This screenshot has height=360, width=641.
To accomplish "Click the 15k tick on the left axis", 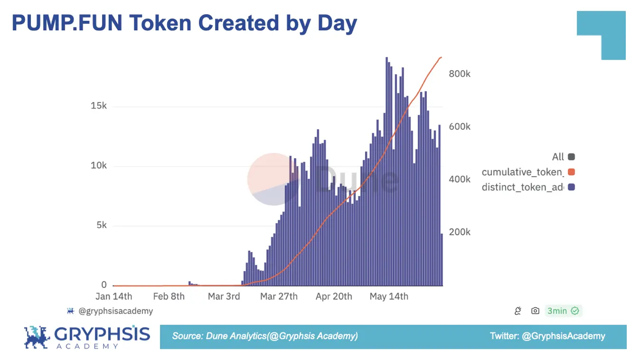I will (x=98, y=106).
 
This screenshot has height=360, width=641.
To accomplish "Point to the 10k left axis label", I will (x=98, y=166).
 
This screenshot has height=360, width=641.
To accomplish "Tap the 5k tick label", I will (x=101, y=225).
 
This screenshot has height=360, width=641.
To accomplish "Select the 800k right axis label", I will (x=459, y=74).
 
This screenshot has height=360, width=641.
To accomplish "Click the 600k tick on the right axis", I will (x=459, y=127).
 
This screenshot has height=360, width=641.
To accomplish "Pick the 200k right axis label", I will (x=459, y=232).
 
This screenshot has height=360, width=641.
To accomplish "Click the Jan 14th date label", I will (x=114, y=296).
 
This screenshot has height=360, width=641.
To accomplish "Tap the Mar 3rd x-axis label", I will (x=224, y=296).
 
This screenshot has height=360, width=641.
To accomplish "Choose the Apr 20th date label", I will (x=333, y=296).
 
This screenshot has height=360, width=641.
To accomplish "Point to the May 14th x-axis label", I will (x=389, y=296).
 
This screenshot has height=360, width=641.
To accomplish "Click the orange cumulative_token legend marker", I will (x=571, y=172).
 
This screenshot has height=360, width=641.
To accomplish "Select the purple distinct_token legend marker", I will (x=571, y=187).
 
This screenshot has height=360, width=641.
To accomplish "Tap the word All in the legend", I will (x=558, y=157).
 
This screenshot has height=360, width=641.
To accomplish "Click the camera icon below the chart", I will (x=535, y=311).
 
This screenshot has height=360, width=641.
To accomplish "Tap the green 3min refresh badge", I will (x=563, y=311).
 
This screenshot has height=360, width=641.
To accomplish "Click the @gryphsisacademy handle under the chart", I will (x=115, y=311).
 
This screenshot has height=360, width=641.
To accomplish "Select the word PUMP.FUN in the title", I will (x=67, y=23).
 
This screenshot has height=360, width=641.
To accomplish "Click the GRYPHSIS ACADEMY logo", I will (x=87, y=337).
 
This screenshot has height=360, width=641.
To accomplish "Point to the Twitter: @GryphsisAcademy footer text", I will (x=547, y=336).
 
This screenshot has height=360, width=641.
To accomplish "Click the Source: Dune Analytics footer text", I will (x=265, y=336).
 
